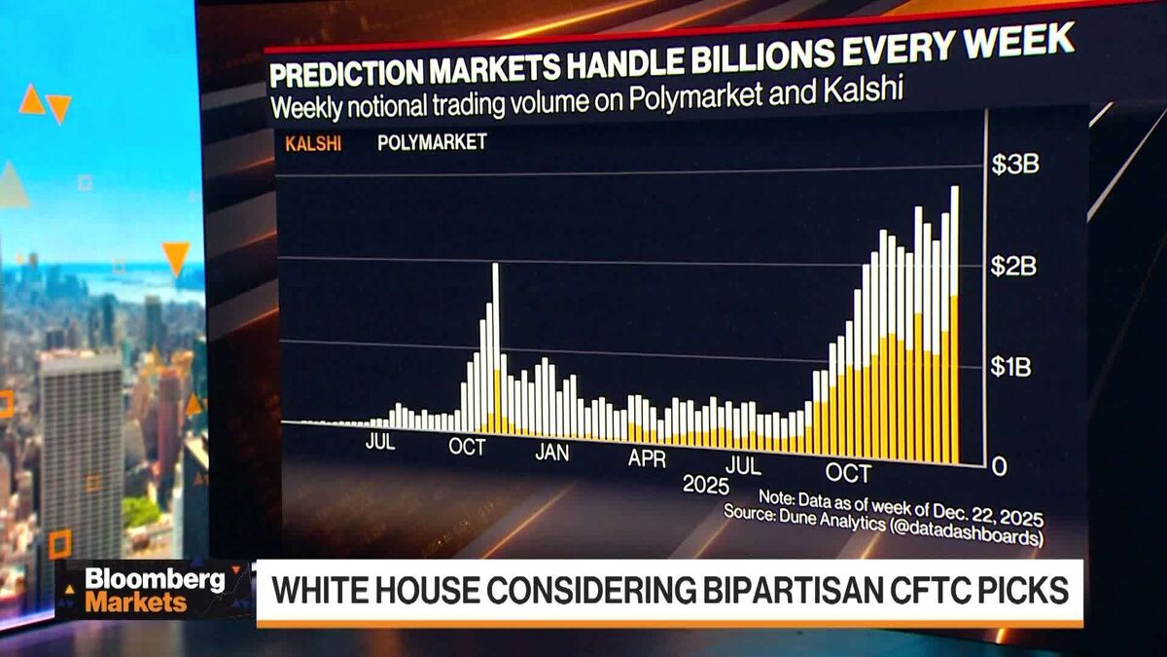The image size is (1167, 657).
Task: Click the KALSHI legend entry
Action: click(306, 143)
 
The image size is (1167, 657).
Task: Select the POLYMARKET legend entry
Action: click(432, 142)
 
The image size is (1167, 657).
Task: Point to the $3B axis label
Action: click(1014, 164)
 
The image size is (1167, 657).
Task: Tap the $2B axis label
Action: click(1013, 266)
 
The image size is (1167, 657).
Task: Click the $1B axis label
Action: click(1012, 366)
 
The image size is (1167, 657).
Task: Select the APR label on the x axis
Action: click(647, 458)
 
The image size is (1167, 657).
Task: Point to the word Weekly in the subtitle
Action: click(308, 104)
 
